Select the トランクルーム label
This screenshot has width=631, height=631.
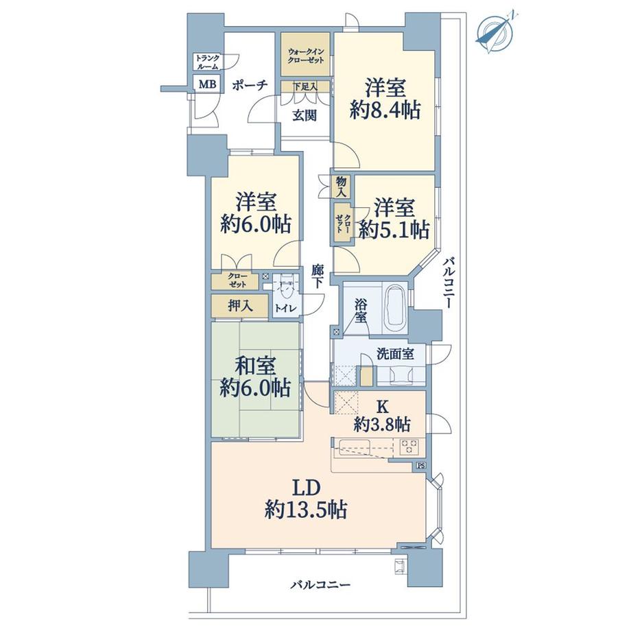(x=207, y=62)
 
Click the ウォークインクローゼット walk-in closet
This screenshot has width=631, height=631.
(x=305, y=53)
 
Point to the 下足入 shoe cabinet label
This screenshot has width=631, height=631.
(x=305, y=86)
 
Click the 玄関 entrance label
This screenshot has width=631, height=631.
(x=305, y=115)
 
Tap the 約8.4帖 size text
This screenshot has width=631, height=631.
(x=385, y=110)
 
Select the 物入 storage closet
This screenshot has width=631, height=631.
(x=341, y=187)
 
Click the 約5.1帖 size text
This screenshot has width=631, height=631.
(x=393, y=230)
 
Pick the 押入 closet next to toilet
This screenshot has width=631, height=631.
(x=240, y=306)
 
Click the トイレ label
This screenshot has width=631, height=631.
(x=286, y=309)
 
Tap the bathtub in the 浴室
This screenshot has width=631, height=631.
(x=394, y=308)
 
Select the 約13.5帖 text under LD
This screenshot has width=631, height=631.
(x=306, y=510)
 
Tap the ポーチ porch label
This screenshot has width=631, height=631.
(x=250, y=85)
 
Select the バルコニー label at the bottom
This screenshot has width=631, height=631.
(x=321, y=584)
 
